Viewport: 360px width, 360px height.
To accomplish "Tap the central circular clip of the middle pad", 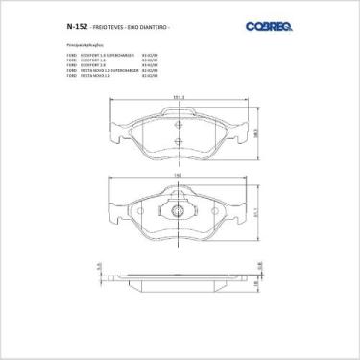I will pos(179,209).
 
